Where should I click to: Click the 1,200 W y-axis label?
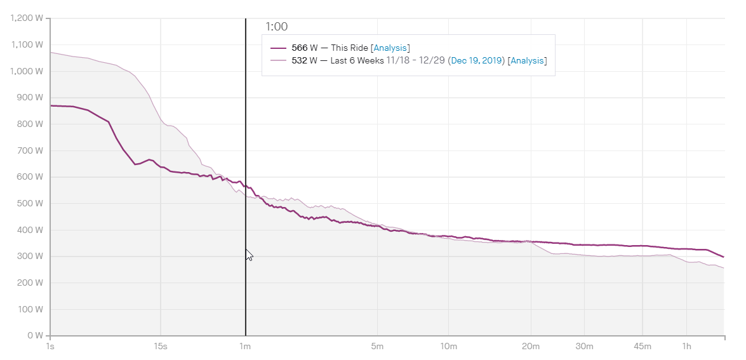(27, 18)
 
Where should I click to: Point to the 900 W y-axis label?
(30, 98)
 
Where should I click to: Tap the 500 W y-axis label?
(30, 203)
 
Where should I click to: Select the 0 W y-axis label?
(35, 336)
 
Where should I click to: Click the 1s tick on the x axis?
(50, 347)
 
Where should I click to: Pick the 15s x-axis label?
(161, 347)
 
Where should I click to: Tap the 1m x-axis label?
(245, 347)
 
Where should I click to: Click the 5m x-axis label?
(378, 347)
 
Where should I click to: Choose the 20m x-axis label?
(531, 347)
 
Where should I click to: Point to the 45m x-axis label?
(643, 347)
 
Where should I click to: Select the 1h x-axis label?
(686, 347)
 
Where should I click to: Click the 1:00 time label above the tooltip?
(276, 27)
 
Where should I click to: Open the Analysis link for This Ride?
(390, 48)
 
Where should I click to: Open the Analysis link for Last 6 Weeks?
(528, 61)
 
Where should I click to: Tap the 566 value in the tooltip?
(299, 48)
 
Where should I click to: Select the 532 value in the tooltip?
(299, 61)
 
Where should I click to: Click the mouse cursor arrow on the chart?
(249, 255)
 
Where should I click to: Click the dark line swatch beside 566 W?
(279, 48)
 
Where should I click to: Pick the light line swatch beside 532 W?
(279, 61)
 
